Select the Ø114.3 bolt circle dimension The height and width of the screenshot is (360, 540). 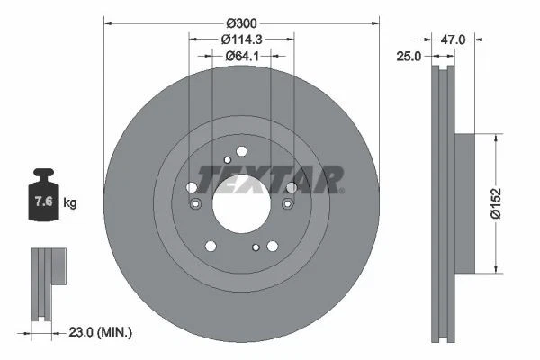tap(241, 39)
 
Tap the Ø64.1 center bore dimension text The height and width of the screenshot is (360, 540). tap(241, 56)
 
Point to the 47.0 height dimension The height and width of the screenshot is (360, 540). tap(453, 40)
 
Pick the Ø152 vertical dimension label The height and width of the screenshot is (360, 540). tap(509, 204)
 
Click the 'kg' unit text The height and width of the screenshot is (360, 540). tap(70, 203)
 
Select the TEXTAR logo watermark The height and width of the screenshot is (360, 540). tap(270, 179)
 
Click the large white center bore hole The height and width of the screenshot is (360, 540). tap(240, 203)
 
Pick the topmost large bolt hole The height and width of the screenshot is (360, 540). tap(241, 152)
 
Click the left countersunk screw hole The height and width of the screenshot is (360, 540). tap(194, 204)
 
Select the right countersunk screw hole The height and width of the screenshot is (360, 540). tap(287, 204)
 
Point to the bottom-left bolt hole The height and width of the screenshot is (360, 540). tap(211, 245)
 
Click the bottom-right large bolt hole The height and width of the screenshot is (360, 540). tap(271, 245)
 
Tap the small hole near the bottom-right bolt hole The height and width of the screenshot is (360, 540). tap(256, 247)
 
